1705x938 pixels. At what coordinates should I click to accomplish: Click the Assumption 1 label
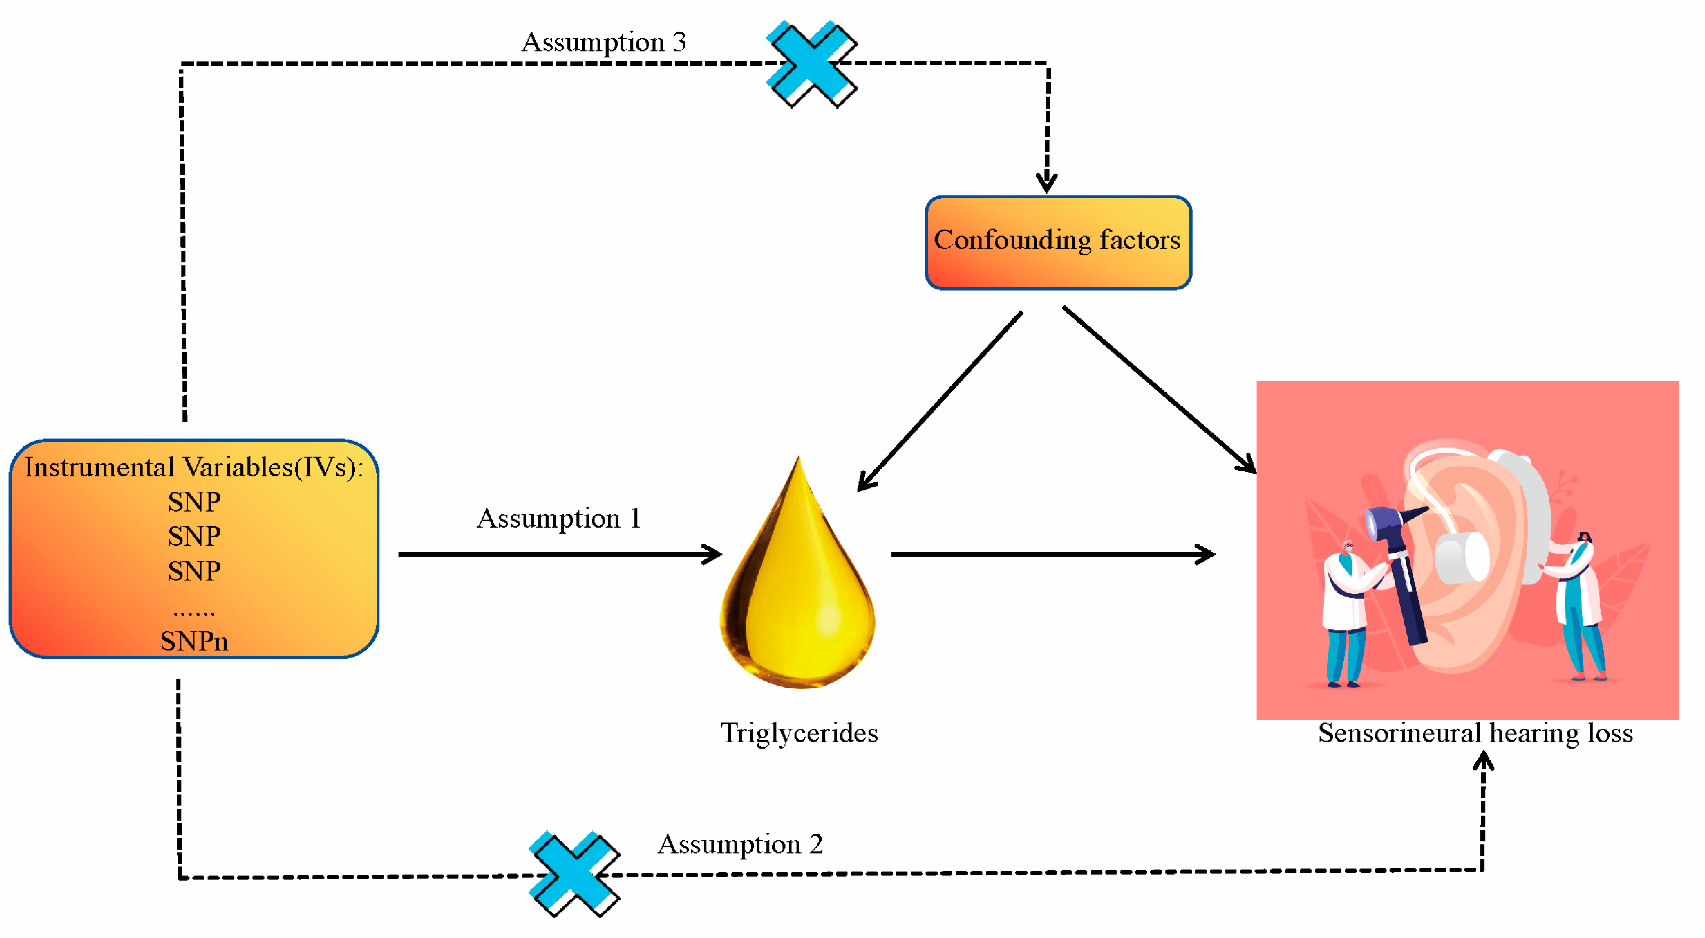click(559, 519)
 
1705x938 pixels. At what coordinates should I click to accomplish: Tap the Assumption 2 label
click(740, 845)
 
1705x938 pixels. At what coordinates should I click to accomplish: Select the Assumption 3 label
click(603, 42)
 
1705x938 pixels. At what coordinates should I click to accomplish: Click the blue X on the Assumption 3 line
click(812, 63)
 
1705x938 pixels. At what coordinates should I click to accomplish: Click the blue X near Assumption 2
click(574, 874)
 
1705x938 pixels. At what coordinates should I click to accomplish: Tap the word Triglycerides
click(799, 734)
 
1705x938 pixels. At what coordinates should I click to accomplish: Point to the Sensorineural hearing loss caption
click(1475, 734)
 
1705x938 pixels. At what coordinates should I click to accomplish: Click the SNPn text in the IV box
click(194, 641)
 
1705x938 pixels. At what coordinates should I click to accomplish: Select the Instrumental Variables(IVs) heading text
click(194, 468)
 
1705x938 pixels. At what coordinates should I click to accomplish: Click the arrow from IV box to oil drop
click(559, 554)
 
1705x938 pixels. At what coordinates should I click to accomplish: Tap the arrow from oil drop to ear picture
click(1053, 554)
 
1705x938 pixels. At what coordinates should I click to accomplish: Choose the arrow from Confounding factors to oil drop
click(940, 401)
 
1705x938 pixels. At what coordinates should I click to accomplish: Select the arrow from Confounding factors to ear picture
click(1158, 390)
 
